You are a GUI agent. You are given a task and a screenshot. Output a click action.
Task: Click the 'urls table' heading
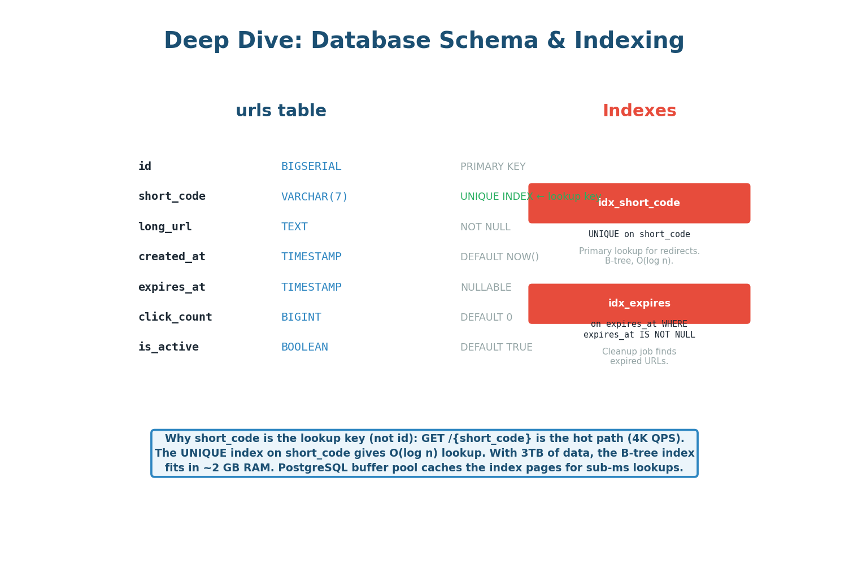(281, 111)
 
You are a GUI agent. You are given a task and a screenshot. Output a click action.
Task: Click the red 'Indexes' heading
(639, 111)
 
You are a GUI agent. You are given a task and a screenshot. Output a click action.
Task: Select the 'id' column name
(145, 167)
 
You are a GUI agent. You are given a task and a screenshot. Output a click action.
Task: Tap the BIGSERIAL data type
(311, 167)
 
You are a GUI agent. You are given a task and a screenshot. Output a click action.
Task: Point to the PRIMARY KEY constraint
(493, 167)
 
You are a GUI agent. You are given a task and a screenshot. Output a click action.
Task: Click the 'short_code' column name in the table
(172, 196)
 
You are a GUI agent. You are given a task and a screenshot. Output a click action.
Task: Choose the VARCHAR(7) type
(314, 197)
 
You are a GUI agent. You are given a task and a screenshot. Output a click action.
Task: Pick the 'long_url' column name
(165, 227)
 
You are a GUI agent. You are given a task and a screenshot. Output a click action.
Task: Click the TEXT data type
(294, 227)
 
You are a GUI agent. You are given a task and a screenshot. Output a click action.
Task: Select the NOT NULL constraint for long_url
(485, 227)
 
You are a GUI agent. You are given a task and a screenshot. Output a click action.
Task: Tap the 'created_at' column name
(172, 257)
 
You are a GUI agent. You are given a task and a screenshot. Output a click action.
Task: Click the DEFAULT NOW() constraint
(499, 257)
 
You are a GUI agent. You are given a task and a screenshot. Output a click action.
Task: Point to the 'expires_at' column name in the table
(172, 287)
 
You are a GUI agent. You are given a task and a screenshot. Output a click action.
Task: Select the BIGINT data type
(301, 317)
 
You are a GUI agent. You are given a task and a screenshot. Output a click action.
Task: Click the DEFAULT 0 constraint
(486, 318)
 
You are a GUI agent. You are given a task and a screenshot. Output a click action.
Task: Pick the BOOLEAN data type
(304, 347)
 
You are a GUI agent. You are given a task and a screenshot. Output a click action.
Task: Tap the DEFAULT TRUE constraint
(496, 348)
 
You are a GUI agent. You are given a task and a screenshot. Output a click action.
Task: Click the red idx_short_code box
(639, 203)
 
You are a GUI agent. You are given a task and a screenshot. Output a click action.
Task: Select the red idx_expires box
(639, 304)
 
